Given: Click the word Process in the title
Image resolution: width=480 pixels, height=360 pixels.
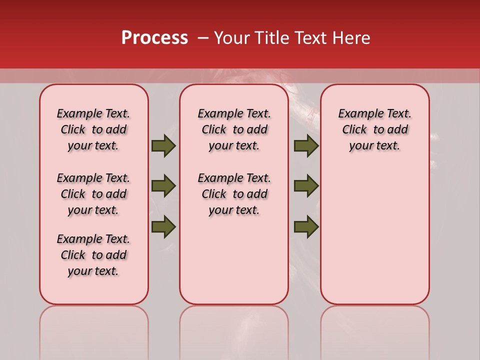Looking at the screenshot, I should click(x=154, y=38).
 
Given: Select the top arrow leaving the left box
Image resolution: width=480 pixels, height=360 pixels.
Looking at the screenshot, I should click(x=163, y=145).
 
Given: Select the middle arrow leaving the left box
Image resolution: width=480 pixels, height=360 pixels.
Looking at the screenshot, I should click(x=163, y=186).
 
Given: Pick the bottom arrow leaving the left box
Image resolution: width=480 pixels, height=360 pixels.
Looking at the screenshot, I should click(x=163, y=226).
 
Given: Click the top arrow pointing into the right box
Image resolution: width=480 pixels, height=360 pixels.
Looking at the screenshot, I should click(x=306, y=145).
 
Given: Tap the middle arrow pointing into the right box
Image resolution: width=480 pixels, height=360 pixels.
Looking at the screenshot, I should click(x=306, y=186).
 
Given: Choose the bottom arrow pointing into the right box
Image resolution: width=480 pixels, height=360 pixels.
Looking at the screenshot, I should click(x=306, y=226).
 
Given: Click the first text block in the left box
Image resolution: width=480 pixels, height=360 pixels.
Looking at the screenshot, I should click(x=93, y=129).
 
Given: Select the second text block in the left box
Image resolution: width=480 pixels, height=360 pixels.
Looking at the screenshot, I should click(x=93, y=194).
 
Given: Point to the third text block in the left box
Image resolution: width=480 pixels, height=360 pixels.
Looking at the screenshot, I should click(x=93, y=255).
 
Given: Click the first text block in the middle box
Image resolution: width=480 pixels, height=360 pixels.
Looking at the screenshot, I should click(x=234, y=129).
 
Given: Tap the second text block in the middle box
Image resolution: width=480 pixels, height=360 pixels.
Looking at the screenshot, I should click(x=234, y=194).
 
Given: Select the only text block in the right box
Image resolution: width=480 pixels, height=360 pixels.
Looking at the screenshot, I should click(x=374, y=129).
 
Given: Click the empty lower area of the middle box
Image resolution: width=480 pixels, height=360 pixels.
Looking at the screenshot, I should click(x=234, y=260).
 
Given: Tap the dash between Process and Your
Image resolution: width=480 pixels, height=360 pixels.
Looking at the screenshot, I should click(x=203, y=38).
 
